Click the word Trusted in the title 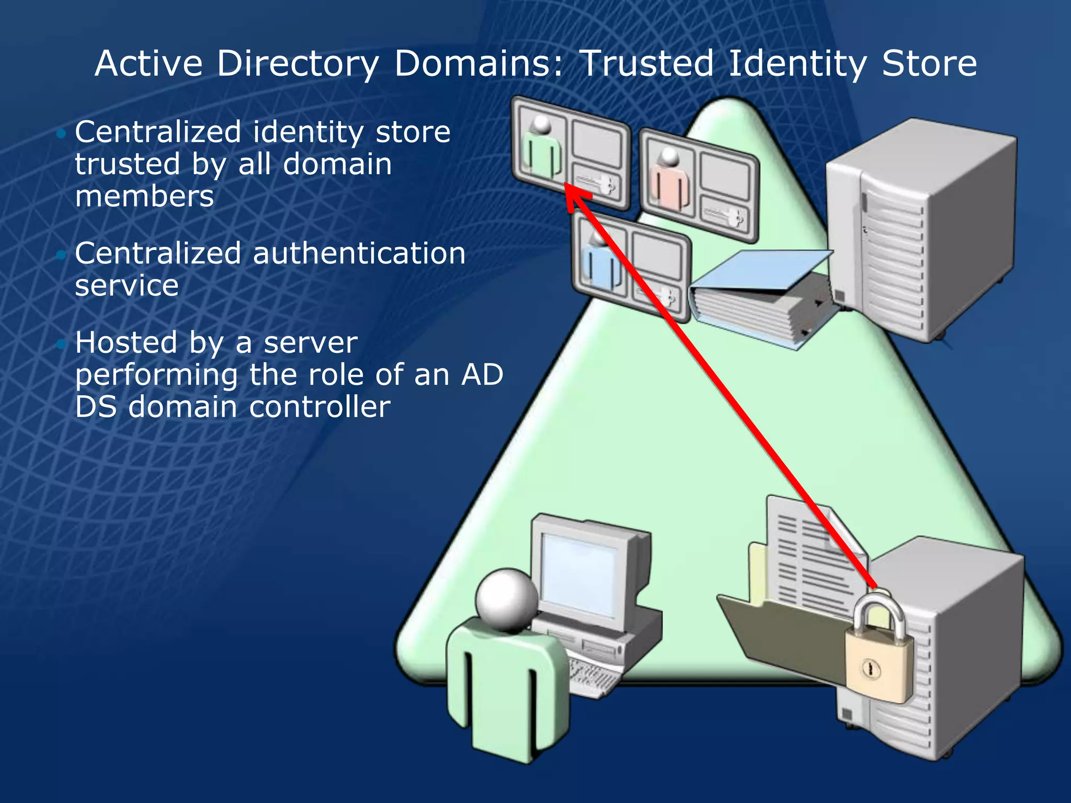tap(647, 63)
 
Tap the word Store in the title tap(929, 63)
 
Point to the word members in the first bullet tap(144, 197)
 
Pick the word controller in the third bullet tap(320, 407)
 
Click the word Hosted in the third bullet tap(126, 343)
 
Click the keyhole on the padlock tap(870, 669)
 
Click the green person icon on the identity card tap(542, 149)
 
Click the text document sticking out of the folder tap(811, 554)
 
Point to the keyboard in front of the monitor tap(594, 677)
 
